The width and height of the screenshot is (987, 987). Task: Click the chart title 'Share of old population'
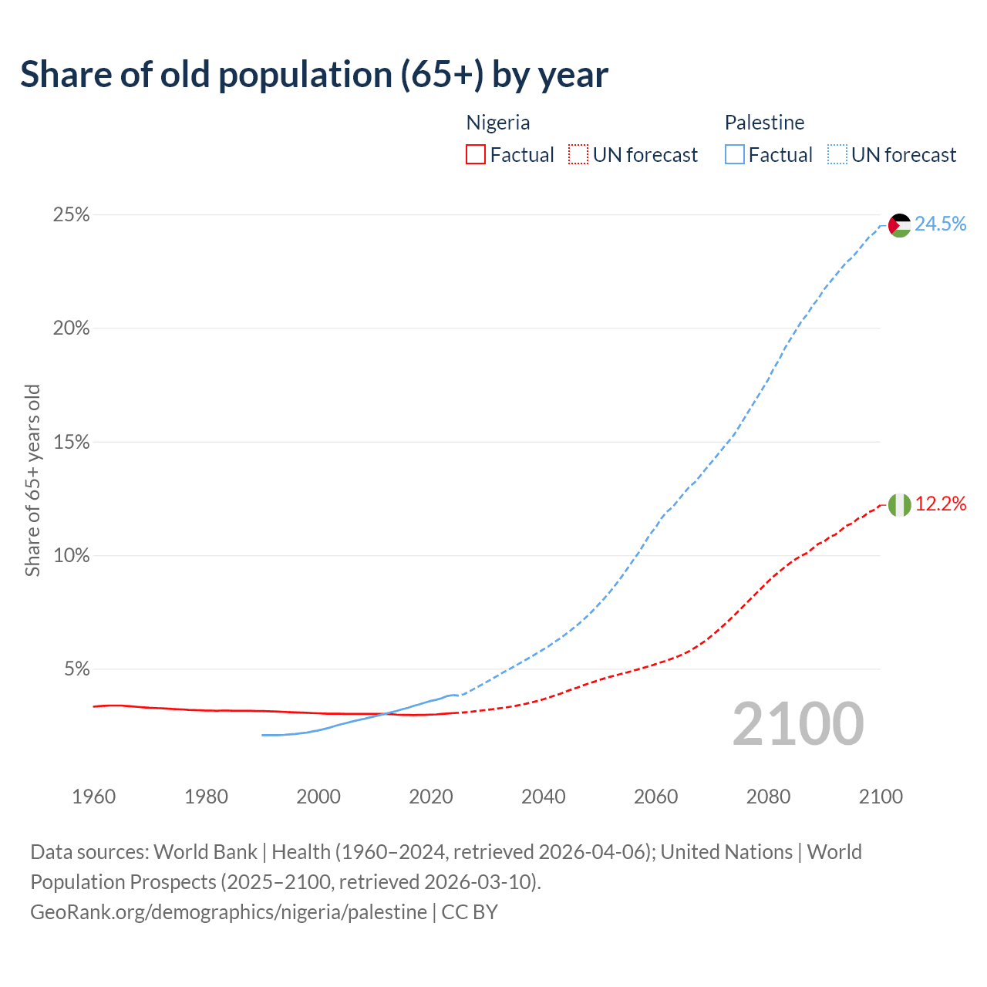[x=314, y=75]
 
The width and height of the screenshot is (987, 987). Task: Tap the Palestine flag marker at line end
[x=900, y=225]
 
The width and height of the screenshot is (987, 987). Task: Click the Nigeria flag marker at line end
[x=900, y=505]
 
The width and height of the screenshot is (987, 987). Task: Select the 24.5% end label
[x=941, y=224]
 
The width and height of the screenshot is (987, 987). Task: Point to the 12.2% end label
[x=941, y=504]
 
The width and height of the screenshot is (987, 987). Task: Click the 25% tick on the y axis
[x=71, y=215]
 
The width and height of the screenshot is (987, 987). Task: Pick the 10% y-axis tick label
[x=71, y=556]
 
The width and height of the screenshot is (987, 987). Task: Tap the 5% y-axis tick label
[x=76, y=669]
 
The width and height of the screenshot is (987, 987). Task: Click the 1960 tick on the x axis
[x=94, y=797]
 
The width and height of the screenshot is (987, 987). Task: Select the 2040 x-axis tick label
[x=544, y=797]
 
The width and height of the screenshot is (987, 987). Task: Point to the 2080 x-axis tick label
[x=768, y=797]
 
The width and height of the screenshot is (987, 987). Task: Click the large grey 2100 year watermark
[x=798, y=724]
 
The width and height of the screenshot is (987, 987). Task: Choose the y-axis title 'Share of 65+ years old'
[x=32, y=480]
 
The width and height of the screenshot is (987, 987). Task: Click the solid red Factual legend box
[x=476, y=155]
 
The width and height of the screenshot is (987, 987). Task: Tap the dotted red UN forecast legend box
[x=578, y=155]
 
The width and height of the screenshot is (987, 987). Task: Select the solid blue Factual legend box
[x=735, y=155]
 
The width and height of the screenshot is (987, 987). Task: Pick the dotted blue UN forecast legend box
[x=837, y=155]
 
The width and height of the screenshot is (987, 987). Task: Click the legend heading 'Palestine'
[x=764, y=123]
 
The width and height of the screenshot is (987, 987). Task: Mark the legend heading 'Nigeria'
[x=498, y=123]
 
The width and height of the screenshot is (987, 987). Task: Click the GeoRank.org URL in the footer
[x=228, y=912]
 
